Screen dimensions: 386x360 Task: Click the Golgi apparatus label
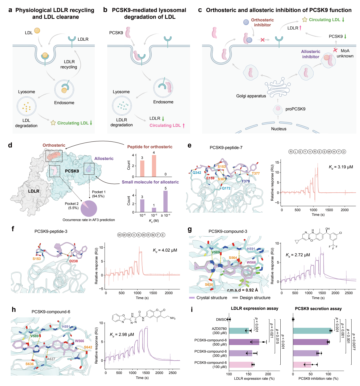251,96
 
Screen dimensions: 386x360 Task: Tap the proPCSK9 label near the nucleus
295,109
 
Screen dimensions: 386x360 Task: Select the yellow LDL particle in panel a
37,31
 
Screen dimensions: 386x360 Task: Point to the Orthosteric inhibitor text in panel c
262,22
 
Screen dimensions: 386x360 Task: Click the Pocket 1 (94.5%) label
98,194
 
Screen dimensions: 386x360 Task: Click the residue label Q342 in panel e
197,172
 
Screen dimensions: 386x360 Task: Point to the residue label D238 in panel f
73,261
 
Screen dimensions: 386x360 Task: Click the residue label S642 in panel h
88,347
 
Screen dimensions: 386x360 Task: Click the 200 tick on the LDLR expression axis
268,373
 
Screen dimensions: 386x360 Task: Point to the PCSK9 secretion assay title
318,309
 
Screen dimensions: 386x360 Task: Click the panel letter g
190,230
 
